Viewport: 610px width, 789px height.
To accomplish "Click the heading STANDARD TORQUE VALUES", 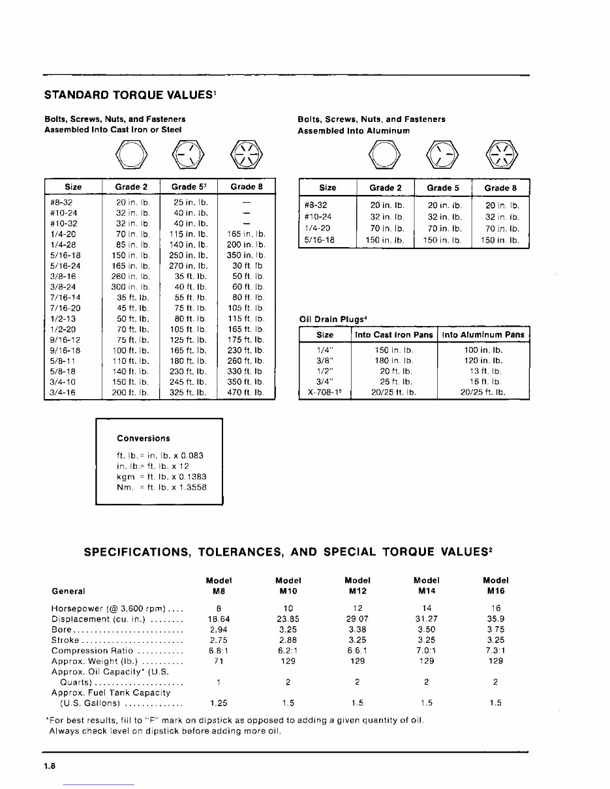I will [x=130, y=95].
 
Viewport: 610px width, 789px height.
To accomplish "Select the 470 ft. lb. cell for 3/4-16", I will [x=246, y=393].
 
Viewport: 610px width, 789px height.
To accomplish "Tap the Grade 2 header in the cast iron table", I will [x=131, y=187].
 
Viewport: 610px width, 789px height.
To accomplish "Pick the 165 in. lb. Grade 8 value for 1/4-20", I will [x=246, y=233].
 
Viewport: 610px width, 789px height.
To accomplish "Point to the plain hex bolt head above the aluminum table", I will [x=384, y=155].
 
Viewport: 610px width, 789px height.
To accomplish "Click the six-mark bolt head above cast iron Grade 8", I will [x=246, y=155].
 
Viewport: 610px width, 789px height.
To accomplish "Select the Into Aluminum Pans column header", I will [x=483, y=335].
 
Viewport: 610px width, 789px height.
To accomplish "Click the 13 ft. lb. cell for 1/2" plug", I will [x=483, y=371].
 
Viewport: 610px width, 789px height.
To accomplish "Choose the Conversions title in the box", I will [x=144, y=439].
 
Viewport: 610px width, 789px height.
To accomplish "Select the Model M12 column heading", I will [x=357, y=586].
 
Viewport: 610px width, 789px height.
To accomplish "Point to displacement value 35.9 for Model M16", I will [x=495, y=619].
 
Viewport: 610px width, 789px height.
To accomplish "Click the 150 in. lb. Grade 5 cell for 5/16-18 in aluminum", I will [x=443, y=241].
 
